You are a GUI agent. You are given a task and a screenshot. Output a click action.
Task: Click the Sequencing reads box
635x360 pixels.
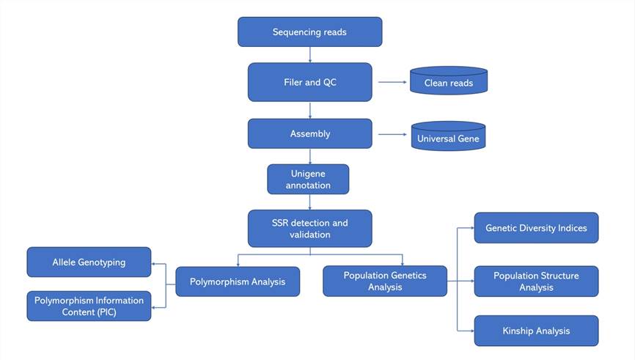pos(309,32)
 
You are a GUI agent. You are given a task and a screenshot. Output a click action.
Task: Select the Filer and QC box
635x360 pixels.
pos(309,82)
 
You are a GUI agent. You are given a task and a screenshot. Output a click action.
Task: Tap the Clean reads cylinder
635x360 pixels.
pos(448,82)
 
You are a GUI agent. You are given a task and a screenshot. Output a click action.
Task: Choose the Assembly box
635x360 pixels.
pos(309,133)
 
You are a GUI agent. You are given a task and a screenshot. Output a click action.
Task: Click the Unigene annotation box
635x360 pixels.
pos(308,179)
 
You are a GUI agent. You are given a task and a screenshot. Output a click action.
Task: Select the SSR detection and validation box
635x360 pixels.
pos(309,229)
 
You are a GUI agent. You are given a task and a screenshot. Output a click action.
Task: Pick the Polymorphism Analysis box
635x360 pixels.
pos(238,282)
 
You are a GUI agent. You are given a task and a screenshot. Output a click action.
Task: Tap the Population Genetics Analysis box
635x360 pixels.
pos(385,282)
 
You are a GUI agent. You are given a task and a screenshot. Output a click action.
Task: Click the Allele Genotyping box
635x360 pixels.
pos(89,262)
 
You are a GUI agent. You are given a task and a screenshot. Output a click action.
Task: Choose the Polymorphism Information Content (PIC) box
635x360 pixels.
pos(89,306)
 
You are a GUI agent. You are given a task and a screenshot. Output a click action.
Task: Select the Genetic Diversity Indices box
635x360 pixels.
pos(536,228)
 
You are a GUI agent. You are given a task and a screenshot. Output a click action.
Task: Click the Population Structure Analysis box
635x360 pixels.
pos(536,282)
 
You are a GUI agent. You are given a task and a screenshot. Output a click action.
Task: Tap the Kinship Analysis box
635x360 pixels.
pos(536,331)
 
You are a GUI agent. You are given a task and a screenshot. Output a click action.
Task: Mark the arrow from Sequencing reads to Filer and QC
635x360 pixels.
pos(310,54)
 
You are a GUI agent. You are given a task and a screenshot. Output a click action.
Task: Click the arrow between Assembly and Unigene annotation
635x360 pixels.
pos(310,156)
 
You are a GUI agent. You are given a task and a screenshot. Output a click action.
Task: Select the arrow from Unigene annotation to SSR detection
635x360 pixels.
pos(310,202)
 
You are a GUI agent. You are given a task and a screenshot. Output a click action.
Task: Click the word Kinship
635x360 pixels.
pos(519,331)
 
